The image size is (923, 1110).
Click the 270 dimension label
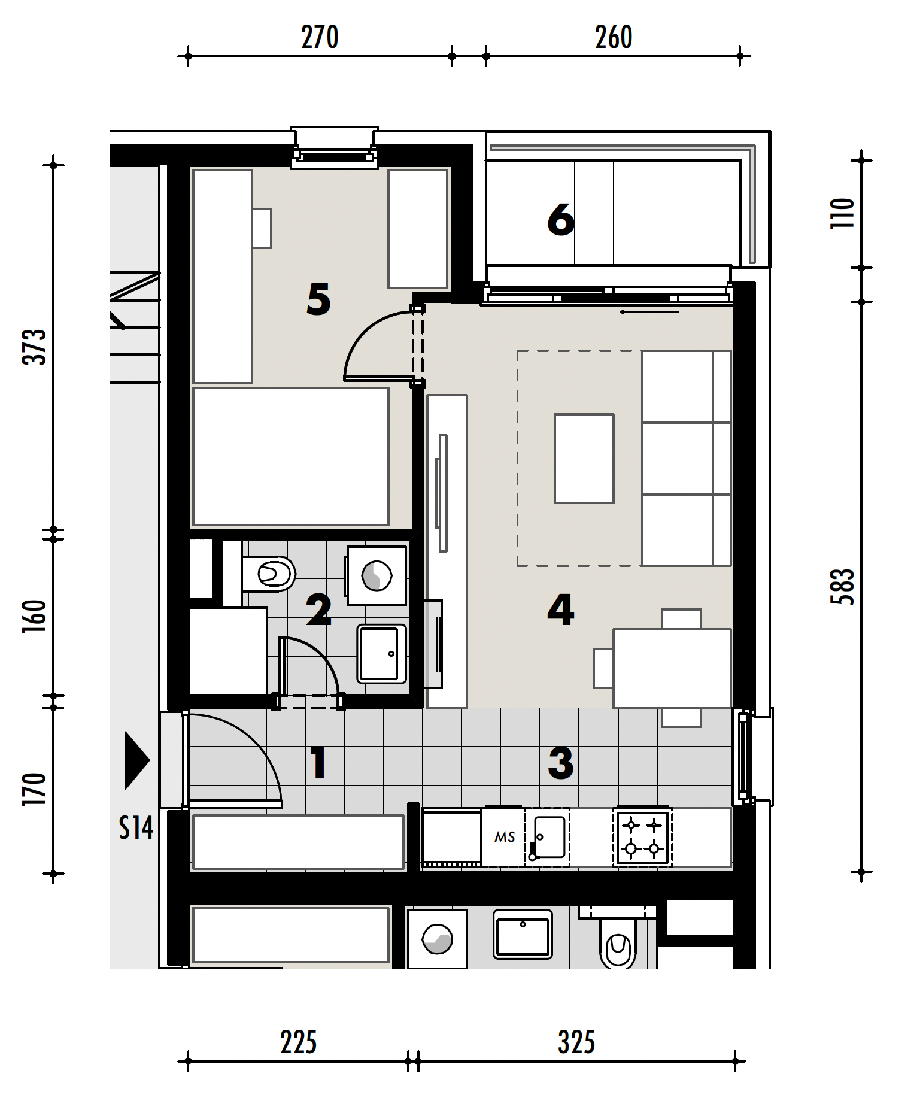pos(320,37)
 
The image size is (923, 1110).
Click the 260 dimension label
pos(614,37)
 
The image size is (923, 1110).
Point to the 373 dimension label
pos(34,347)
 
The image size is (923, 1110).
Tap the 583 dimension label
pos(842,587)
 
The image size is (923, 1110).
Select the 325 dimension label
pos(576,1042)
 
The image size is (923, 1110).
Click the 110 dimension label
pos(842,213)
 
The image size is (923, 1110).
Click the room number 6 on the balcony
pos(561,220)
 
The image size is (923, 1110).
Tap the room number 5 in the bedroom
pos(318,299)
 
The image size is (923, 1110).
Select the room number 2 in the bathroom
pos(318,610)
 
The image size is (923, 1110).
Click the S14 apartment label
pos(136,828)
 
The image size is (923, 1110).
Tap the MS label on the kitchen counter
pos(505,837)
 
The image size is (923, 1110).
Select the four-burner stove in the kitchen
pos(642,837)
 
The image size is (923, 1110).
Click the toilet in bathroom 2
pos(269,574)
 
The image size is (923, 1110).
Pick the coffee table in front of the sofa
pos(584,459)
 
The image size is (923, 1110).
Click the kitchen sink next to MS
pos(548,837)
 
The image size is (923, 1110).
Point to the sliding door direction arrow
pos(649,312)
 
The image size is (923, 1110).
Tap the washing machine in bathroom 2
pos(377,575)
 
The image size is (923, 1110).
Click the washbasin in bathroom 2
pos(381,654)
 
